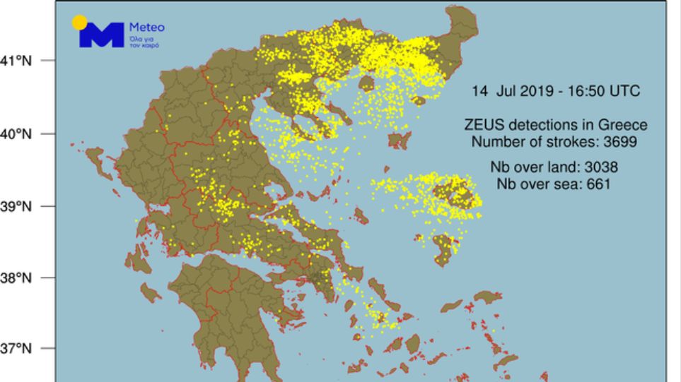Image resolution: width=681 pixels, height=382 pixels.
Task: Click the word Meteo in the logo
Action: click(x=146, y=28)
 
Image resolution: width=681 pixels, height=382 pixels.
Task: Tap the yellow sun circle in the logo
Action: click(x=80, y=23)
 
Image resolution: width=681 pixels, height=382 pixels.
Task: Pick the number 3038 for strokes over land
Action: click(x=596, y=167)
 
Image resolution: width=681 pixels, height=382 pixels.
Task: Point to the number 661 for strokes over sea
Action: click(x=598, y=184)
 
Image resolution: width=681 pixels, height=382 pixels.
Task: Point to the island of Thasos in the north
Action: click(x=367, y=84)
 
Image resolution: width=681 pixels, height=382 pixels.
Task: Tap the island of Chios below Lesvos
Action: click(x=445, y=250)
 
